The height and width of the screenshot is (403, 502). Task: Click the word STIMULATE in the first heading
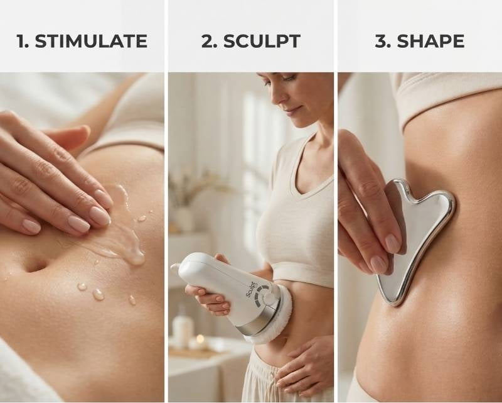click(91, 41)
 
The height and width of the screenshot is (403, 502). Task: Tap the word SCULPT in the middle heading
click(262, 41)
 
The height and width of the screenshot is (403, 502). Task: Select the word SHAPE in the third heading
click(430, 41)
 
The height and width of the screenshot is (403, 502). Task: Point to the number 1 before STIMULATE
click(22, 41)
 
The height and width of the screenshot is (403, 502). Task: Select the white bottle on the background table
click(183, 327)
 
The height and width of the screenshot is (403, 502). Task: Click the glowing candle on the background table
click(200, 341)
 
